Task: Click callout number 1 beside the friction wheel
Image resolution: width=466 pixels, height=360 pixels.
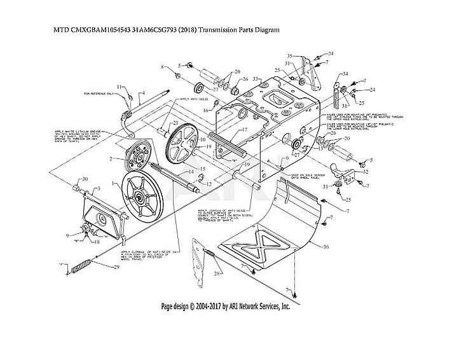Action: (x=114, y=183)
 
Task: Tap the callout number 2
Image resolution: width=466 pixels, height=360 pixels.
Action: (x=112, y=158)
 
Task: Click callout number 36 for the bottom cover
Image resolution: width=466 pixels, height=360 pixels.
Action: (x=326, y=247)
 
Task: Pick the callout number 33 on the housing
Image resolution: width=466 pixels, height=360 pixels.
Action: (x=255, y=79)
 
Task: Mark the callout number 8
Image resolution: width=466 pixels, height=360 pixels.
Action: (x=163, y=67)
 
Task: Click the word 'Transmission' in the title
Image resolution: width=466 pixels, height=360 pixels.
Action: (x=217, y=29)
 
